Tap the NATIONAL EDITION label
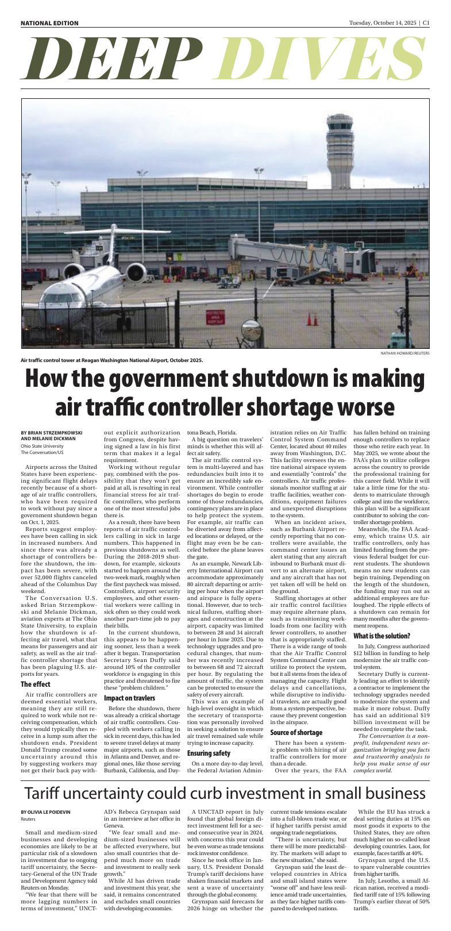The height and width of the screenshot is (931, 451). point(49,23)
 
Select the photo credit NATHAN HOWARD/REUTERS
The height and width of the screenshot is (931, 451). point(404,353)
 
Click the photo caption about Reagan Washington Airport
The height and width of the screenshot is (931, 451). point(111,360)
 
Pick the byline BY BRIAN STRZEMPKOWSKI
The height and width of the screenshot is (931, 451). point(51,432)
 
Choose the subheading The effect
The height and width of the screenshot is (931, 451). point(36,684)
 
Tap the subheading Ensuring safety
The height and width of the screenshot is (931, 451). point(209,753)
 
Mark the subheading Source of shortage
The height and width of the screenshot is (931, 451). point(296,733)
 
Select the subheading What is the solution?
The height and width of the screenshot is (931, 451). point(381,636)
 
